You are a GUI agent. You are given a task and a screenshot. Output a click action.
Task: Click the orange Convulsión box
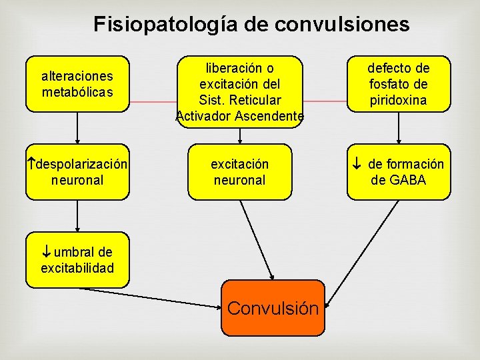click(x=273, y=307)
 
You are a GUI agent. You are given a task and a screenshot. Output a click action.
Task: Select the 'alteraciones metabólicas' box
click(x=77, y=83)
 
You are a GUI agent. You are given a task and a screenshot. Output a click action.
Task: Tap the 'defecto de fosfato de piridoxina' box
click(x=399, y=83)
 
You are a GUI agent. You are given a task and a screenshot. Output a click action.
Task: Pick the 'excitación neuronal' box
click(x=239, y=171)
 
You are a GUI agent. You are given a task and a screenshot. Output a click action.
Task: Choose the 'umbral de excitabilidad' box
click(x=77, y=259)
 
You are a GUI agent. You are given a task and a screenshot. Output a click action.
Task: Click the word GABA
click(x=408, y=180)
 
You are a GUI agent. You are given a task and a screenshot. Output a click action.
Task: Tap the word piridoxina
click(x=399, y=100)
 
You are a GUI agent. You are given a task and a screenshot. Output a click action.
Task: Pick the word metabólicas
click(x=77, y=91)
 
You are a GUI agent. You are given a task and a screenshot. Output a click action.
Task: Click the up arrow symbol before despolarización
click(x=31, y=164)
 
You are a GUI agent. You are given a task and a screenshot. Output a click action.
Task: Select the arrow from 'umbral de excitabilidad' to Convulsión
click(x=153, y=297)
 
